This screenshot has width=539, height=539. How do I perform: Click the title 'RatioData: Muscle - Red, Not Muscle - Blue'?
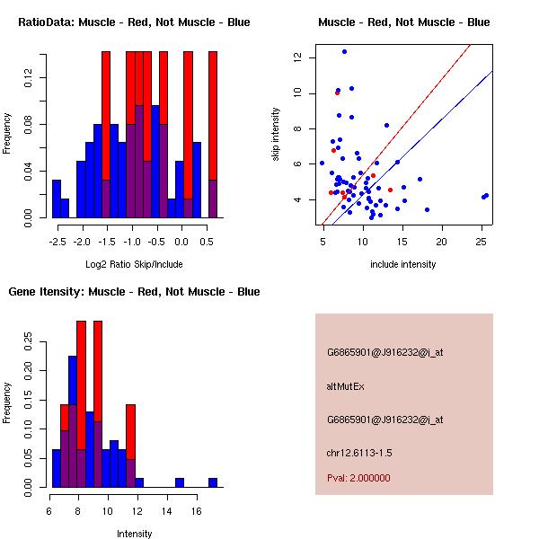click(134, 22)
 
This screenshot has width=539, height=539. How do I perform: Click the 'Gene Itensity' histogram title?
click(134, 292)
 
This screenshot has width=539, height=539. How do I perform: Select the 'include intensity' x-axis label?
click(403, 264)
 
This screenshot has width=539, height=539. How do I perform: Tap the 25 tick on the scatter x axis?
click(481, 242)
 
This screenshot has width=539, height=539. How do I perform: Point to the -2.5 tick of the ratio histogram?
click(57, 242)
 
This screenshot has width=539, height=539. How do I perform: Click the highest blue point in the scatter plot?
click(344, 52)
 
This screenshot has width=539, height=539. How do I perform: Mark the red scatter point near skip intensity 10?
click(337, 93)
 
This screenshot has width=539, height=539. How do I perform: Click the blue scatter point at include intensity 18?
click(427, 209)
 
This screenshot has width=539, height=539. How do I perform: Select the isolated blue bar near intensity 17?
click(213, 482)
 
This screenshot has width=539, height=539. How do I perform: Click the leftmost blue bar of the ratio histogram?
click(57, 199)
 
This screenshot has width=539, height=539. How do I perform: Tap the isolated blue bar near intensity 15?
click(180, 482)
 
